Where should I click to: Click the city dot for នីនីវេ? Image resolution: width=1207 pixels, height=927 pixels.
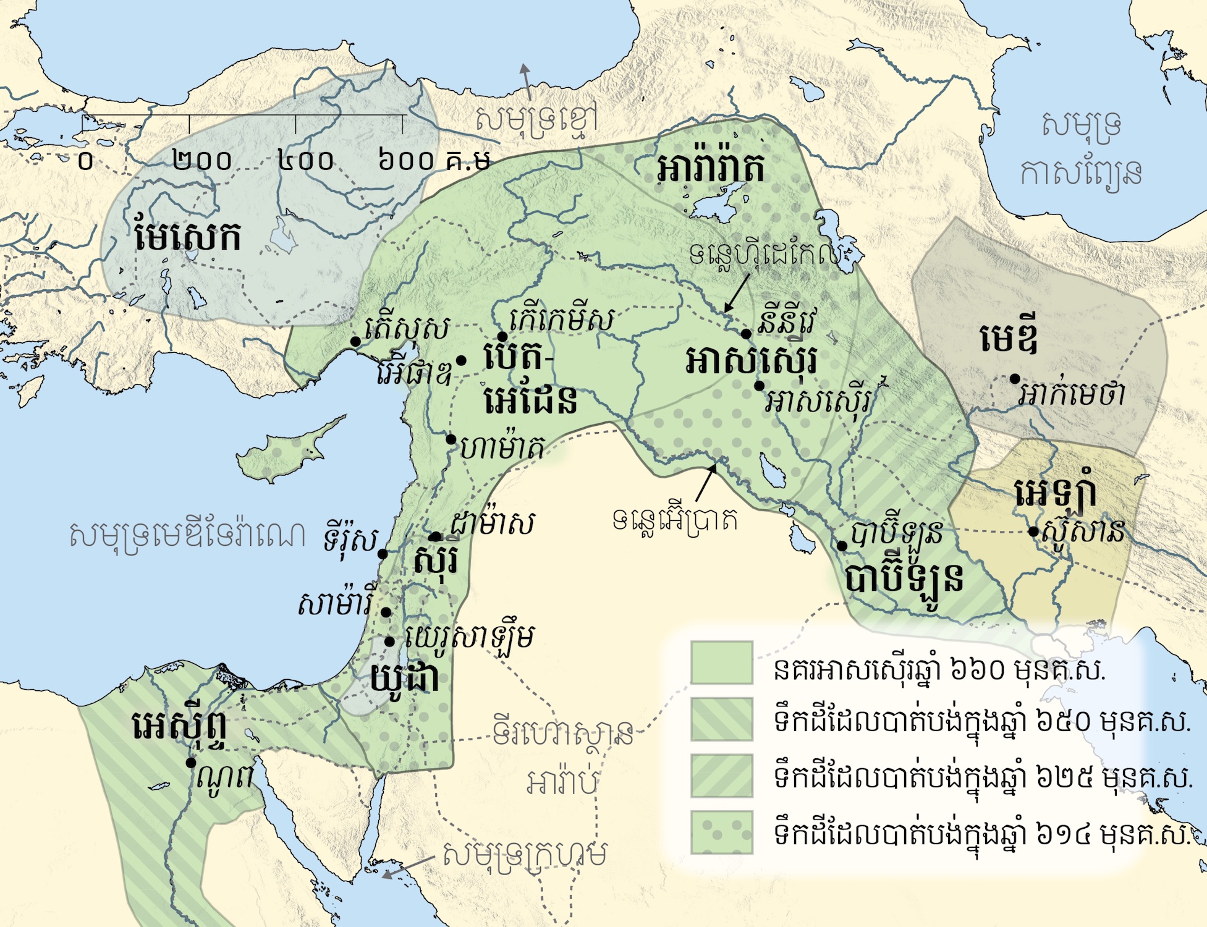tap(746, 334)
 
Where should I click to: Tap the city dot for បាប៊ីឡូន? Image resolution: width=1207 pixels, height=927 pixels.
tap(842, 546)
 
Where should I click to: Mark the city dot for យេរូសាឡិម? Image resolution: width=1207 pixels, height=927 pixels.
tap(390, 642)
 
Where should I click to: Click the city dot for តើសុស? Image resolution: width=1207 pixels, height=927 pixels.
tap(355, 342)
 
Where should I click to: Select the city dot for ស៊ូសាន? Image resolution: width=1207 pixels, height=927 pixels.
tap(1033, 531)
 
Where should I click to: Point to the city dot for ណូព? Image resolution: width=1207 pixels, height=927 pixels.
tap(192, 763)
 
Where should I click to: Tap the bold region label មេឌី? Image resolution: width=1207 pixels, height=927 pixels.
tap(1009, 339)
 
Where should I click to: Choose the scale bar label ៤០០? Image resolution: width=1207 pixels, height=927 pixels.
tap(305, 161)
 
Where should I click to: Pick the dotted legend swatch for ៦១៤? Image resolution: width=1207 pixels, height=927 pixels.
tap(721, 832)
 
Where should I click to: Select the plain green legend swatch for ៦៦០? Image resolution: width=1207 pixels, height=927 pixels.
tap(721, 662)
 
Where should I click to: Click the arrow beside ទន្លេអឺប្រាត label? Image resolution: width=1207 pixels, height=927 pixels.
tap(706, 482)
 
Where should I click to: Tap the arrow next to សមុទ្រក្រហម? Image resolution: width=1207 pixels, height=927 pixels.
tap(408, 866)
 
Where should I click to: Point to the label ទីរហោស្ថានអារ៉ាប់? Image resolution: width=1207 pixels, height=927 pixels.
tap(562, 757)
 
